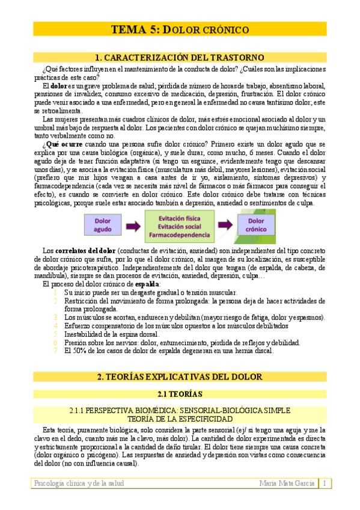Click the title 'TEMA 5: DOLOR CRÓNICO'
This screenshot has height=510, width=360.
tap(180, 29)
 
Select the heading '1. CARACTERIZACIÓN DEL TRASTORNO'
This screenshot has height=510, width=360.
tap(180, 58)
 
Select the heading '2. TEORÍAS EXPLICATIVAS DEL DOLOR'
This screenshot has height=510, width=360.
tap(180, 377)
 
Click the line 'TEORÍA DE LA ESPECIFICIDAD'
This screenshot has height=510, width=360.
tap(180, 419)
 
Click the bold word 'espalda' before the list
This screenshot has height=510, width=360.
tap(148, 283)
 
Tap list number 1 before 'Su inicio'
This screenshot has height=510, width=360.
tap(55, 292)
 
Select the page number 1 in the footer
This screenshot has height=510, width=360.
tap(325, 484)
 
